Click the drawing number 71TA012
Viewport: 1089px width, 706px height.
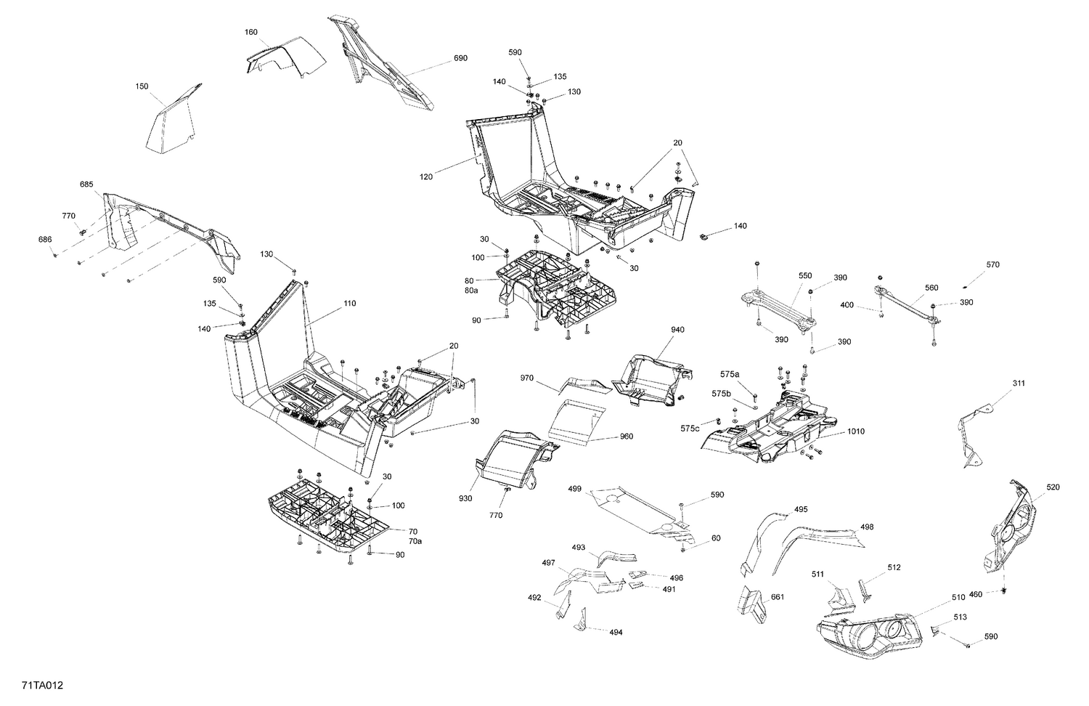[x=36, y=685]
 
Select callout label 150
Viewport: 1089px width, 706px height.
[x=142, y=86]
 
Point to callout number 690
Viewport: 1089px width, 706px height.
[x=460, y=58]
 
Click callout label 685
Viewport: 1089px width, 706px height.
[x=86, y=184]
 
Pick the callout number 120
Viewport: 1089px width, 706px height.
[x=426, y=176]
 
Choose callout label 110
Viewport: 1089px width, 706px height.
[x=349, y=304]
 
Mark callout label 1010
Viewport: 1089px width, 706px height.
[x=856, y=431]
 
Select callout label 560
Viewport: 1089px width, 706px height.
[x=931, y=288]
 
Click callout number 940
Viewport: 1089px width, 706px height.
[x=677, y=330]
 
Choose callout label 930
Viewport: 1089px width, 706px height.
[x=465, y=498]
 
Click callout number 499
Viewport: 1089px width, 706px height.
[x=574, y=490]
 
